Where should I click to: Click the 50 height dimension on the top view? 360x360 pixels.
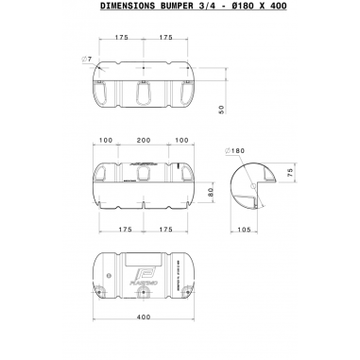click(x=220, y=110)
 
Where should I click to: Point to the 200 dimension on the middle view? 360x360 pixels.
click(x=143, y=140)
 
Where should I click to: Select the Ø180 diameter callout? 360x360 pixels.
click(x=235, y=151)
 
